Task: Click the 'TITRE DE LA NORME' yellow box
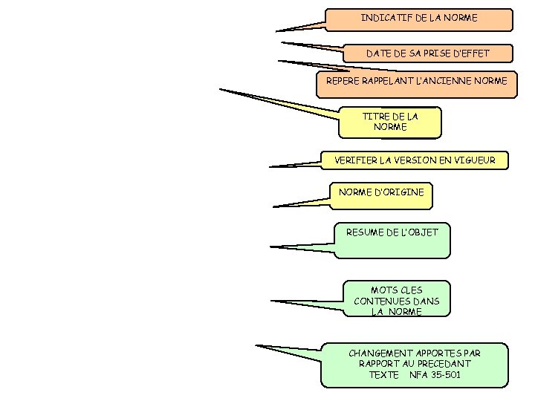pos(390,123)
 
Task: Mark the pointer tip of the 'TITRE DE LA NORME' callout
pos(220,90)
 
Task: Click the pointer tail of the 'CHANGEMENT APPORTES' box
pos(256,345)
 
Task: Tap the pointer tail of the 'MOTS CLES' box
pos(272,301)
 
